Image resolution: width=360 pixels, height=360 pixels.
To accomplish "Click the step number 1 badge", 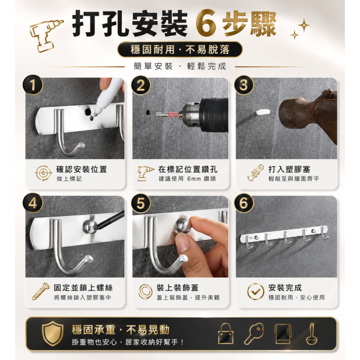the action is pos(33,85).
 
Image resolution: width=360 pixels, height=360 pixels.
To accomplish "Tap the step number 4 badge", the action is pos(33,203).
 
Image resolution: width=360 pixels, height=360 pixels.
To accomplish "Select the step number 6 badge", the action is pos(244,203).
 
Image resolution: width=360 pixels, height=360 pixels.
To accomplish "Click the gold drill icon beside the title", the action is pos(45,35).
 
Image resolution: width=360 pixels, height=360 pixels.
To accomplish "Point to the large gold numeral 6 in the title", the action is pos(206,24).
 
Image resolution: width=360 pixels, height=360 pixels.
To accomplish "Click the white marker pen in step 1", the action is pos(107,96).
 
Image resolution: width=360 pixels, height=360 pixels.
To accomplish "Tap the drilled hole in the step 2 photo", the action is pos(148,113).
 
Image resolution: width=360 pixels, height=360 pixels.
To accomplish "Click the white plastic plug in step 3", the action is pos(263,113).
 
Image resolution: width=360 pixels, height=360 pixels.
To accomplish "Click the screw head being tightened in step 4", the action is pos(90,227).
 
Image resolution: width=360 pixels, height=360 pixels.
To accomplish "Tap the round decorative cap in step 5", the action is pos(183,226).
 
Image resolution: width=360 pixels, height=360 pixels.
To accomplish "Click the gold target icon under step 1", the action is pos(44,173).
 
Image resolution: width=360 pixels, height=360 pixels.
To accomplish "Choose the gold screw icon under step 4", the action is pos(41,291).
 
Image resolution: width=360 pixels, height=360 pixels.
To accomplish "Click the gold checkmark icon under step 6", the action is pos(255,291).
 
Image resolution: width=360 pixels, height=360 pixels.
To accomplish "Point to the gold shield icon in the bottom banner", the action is pos(53,334).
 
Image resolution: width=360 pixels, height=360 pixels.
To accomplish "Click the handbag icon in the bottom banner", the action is pos(226,334).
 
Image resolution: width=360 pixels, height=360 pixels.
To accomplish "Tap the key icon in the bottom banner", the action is pos(254,334).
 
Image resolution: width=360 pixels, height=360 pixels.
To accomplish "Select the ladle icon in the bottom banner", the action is pos(312,334).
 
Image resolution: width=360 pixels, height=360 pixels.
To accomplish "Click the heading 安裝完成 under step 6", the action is pos(285,287).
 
